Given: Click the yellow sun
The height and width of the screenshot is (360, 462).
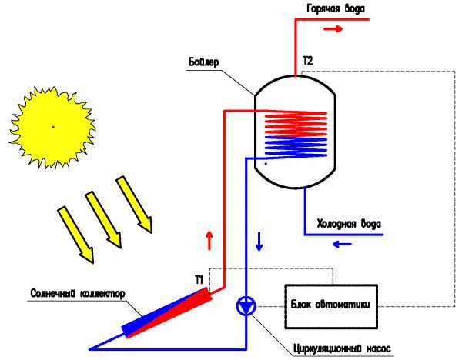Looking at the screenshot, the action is click(52, 128).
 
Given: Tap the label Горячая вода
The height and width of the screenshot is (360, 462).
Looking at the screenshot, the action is click(335, 8).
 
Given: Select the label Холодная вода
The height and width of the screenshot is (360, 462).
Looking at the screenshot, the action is click(349, 224).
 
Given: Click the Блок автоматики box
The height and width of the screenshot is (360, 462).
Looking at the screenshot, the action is click(331, 306).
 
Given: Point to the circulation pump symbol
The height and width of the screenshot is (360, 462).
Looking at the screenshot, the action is click(246, 306).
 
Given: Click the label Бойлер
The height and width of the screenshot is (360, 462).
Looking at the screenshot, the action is click(203, 62).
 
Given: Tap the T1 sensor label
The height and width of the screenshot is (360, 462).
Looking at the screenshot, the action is click(199, 280).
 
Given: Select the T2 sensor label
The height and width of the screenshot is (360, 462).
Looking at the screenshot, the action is click(307, 61).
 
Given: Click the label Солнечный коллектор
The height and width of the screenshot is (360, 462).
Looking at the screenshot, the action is click(78, 294).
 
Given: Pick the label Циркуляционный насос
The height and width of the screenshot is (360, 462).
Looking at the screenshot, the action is click(342, 348).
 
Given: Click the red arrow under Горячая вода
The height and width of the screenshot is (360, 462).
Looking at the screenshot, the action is click(333, 29).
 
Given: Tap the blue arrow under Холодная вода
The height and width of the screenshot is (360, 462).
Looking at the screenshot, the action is click(342, 244).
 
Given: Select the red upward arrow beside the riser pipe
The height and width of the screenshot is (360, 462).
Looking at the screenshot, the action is click(209, 241).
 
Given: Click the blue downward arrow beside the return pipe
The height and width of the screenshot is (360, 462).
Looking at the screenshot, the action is click(259, 242).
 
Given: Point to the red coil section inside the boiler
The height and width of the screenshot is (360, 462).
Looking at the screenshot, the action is click(296, 123).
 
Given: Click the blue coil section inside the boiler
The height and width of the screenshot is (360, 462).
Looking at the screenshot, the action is click(296, 147).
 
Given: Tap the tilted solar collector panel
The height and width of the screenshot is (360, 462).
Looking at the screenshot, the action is click(167, 313).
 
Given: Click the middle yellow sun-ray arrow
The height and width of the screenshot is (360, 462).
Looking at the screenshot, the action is click(103, 220).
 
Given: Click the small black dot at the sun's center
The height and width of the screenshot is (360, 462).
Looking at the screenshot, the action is click(53, 127).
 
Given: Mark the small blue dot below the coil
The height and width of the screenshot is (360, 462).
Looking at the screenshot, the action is click(266, 164).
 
